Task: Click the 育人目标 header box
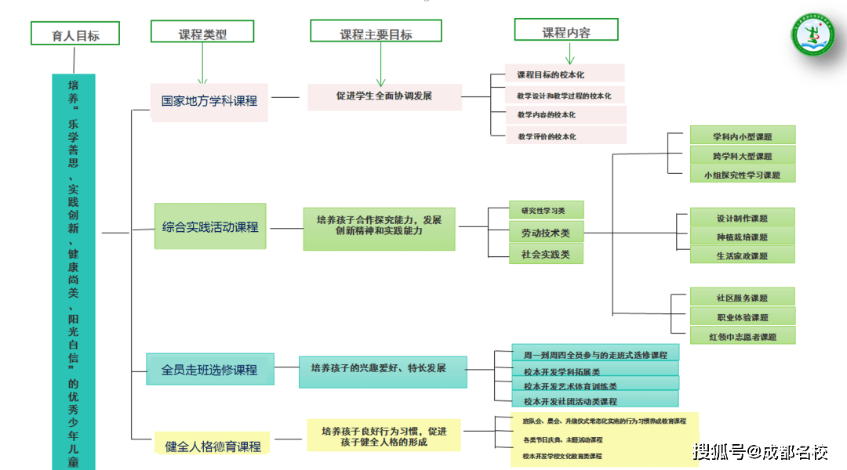[75, 34]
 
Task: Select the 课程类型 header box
[202, 32]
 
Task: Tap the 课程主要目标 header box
[376, 31]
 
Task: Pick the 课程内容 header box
[565, 31]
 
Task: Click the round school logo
[812, 37]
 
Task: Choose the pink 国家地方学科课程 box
[209, 101]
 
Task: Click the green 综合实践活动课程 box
[209, 226]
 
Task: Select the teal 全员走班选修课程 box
[209, 368]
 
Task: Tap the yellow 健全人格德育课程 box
[213, 445]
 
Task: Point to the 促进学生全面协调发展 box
[384, 96]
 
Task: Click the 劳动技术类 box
[546, 233]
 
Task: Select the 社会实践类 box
[546, 254]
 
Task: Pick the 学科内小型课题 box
[742, 136]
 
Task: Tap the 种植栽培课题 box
[742, 237]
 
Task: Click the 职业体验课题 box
[742, 317]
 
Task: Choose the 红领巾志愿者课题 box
[742, 337]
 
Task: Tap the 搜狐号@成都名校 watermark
[761, 451]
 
